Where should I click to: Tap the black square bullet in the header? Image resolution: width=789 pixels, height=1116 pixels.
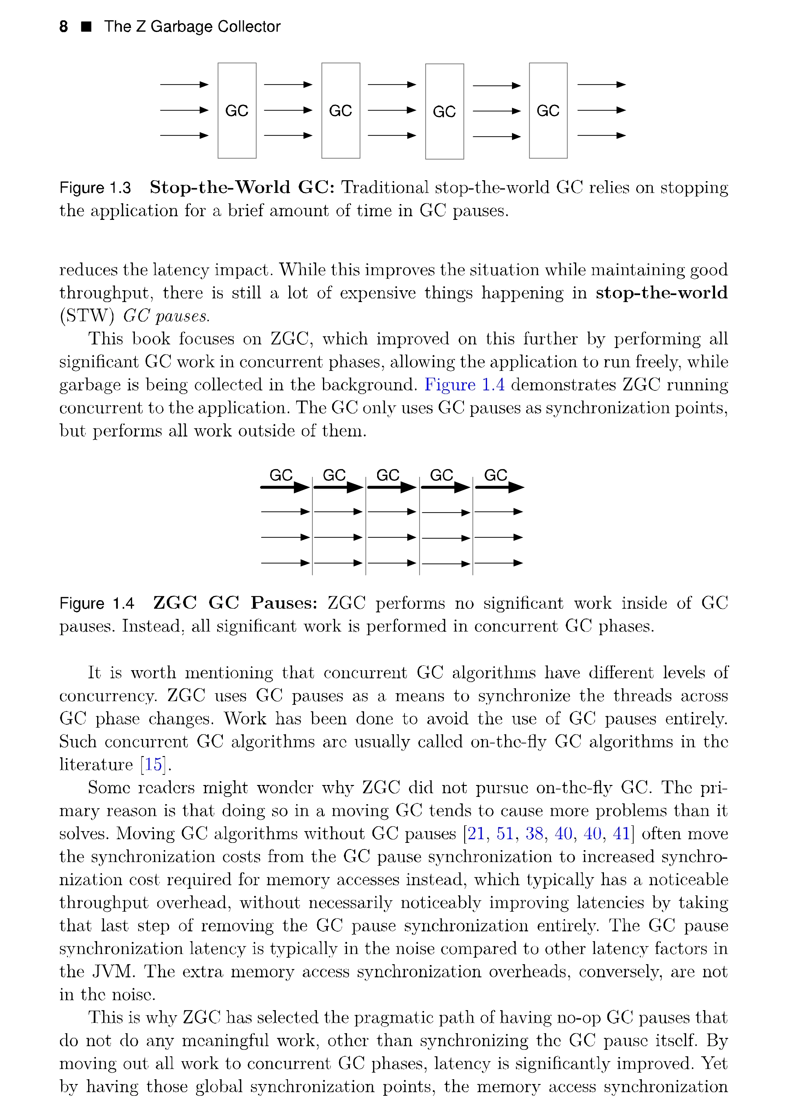[86, 27]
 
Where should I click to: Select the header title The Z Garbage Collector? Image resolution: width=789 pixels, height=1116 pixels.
[192, 27]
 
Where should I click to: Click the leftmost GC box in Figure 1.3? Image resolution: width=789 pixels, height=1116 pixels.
[237, 111]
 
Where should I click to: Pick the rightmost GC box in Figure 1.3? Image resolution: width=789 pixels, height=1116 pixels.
[548, 111]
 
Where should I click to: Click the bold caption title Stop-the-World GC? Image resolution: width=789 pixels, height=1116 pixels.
[242, 188]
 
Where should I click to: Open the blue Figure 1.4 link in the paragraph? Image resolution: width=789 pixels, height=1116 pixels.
[465, 385]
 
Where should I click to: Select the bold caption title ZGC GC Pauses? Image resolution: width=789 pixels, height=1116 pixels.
[235, 603]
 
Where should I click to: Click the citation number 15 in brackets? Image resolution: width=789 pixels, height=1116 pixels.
[153, 765]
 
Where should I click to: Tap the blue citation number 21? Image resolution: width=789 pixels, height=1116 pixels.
[476, 834]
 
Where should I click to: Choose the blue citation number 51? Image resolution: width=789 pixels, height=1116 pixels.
[505, 834]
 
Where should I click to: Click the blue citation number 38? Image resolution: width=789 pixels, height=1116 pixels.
[535, 834]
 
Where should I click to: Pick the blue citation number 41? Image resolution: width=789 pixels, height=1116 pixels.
[621, 834]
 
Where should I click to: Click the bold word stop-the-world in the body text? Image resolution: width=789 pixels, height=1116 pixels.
[662, 293]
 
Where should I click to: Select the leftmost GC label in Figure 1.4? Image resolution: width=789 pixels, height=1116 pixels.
[281, 475]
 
